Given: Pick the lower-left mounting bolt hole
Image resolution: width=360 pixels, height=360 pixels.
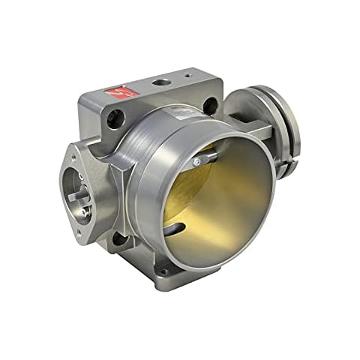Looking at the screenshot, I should click(x=118, y=238).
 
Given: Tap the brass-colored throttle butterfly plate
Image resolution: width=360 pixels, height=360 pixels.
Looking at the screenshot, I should click(x=217, y=199).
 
